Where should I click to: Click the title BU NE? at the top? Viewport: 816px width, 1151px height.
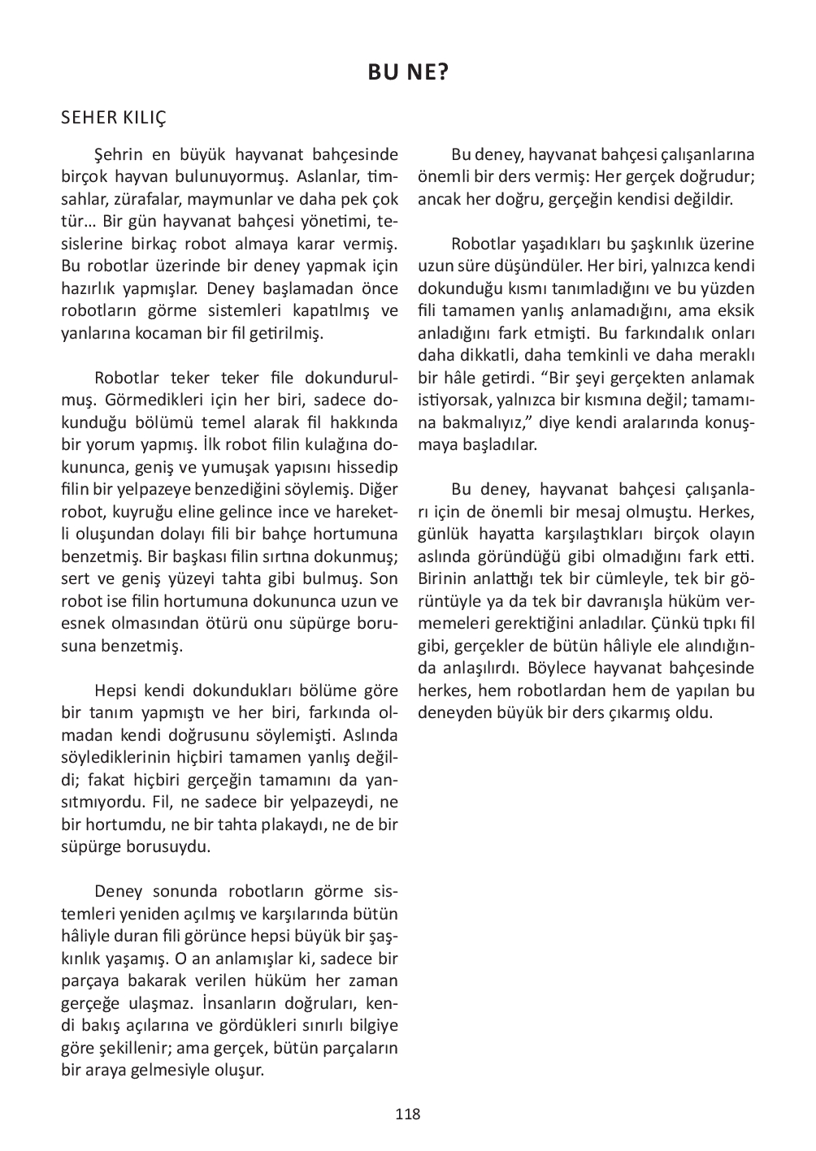click(408, 73)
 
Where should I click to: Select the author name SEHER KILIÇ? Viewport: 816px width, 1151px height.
click(114, 119)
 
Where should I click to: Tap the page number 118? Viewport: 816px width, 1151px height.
click(408, 1114)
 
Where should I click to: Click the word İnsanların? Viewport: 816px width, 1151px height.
click(265, 1002)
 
